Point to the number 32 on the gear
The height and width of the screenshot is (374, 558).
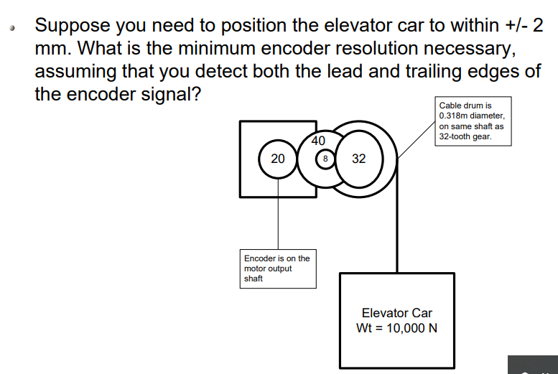point(359,158)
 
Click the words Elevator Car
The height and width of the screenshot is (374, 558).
point(396,313)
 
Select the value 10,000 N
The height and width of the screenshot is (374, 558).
point(411,328)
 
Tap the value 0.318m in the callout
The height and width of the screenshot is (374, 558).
point(455,116)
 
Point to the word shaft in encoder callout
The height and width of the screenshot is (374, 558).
point(254,279)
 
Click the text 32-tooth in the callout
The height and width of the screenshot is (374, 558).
point(456,136)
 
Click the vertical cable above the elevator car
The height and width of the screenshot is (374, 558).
point(394,230)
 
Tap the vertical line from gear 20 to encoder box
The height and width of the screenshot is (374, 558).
point(278,215)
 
